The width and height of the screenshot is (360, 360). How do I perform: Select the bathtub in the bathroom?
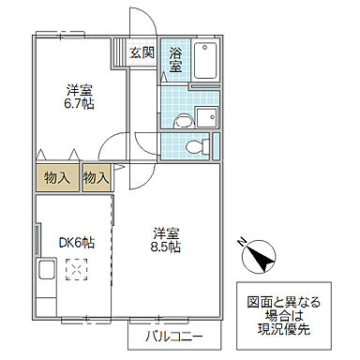205,62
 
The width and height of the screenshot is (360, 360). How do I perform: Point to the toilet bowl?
194,145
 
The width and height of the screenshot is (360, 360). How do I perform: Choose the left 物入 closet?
56,176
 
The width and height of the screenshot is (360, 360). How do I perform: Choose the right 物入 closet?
97,176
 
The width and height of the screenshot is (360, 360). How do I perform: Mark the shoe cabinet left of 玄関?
120,53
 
